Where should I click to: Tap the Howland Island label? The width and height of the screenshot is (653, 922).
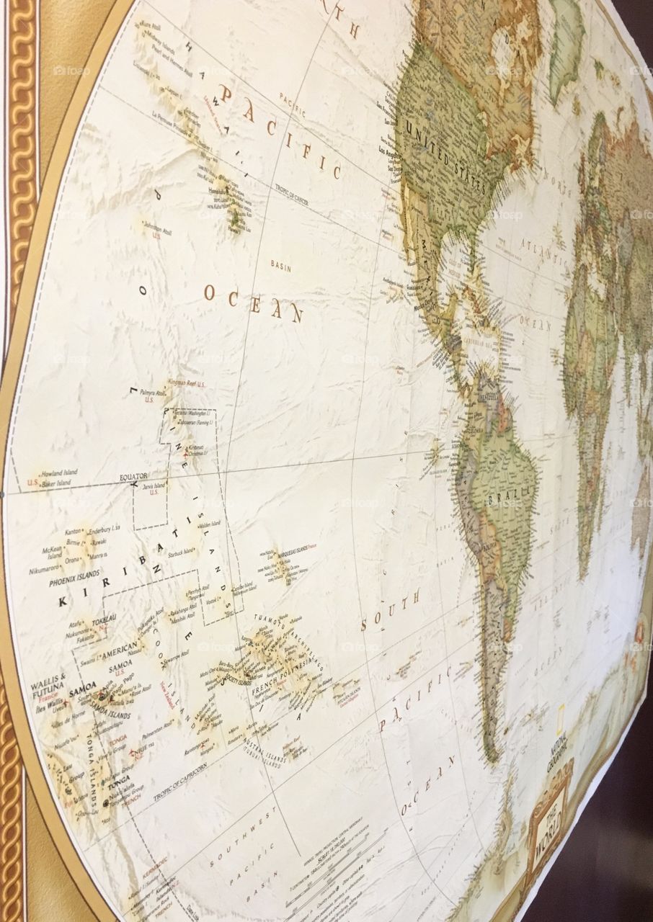(59, 473)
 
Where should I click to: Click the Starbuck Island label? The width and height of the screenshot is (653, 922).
(180, 552)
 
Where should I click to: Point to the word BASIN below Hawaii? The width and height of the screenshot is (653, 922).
(281, 264)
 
